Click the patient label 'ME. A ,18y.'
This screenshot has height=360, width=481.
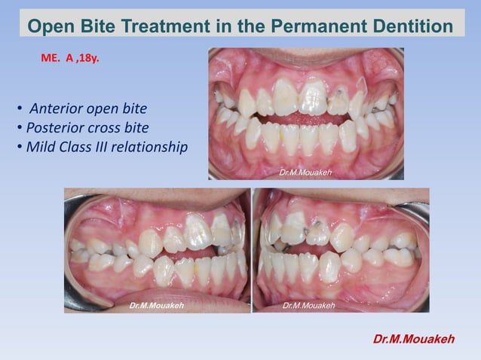pos(69,56)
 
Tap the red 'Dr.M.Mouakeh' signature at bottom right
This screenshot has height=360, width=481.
pos(414,339)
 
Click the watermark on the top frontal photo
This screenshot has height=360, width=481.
pos(305,173)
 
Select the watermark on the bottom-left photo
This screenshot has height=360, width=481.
pos(155,306)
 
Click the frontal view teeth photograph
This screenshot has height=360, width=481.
pos(305,113)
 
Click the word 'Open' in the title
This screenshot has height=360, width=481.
pos(51,27)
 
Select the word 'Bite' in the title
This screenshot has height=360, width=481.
pos(100,27)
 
